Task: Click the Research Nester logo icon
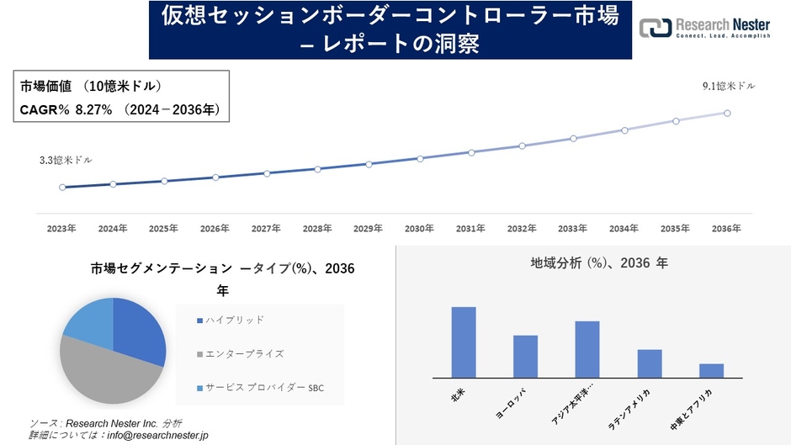tap(656, 28)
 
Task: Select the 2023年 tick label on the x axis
tap(61, 228)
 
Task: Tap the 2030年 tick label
tap(419, 228)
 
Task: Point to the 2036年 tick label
tap(726, 228)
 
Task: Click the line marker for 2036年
tap(727, 113)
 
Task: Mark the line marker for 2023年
tap(62, 187)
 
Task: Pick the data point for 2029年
tap(369, 163)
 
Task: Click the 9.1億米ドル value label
tap(729, 87)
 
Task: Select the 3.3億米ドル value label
tap(66, 160)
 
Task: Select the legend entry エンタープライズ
tap(244, 354)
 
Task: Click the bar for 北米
tap(464, 342)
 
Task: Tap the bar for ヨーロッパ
tap(525, 357)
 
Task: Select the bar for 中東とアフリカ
tap(711, 370)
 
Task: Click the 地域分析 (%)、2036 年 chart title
tap(598, 263)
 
